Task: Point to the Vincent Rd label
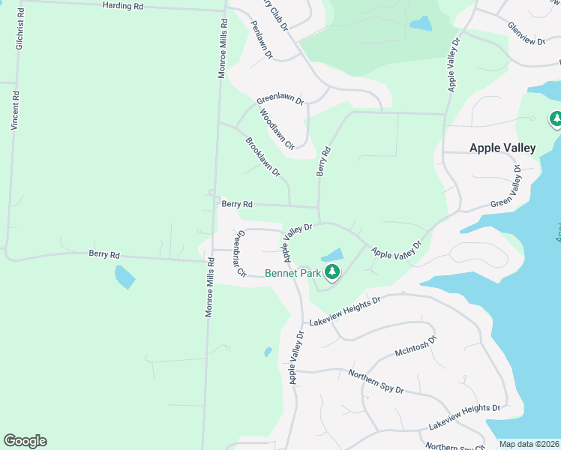[14, 111]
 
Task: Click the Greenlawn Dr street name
[280, 100]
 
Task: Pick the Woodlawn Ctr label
[277, 130]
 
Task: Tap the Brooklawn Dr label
[262, 157]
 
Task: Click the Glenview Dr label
[526, 33]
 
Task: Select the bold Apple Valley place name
[502, 148]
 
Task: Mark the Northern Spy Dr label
[376, 381]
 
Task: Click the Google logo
[25, 441]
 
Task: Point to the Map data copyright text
[529, 444]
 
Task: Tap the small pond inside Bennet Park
[332, 255]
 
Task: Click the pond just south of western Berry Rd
[124, 277]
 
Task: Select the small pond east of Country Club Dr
[421, 24]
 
